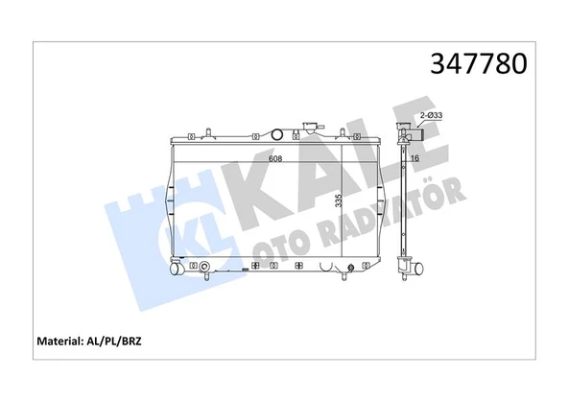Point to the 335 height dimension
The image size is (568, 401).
click(x=339, y=202)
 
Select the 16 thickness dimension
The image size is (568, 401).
click(x=415, y=159)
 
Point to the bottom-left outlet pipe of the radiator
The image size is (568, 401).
click(x=176, y=270)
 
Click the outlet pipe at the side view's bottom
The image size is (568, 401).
click(x=418, y=270)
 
